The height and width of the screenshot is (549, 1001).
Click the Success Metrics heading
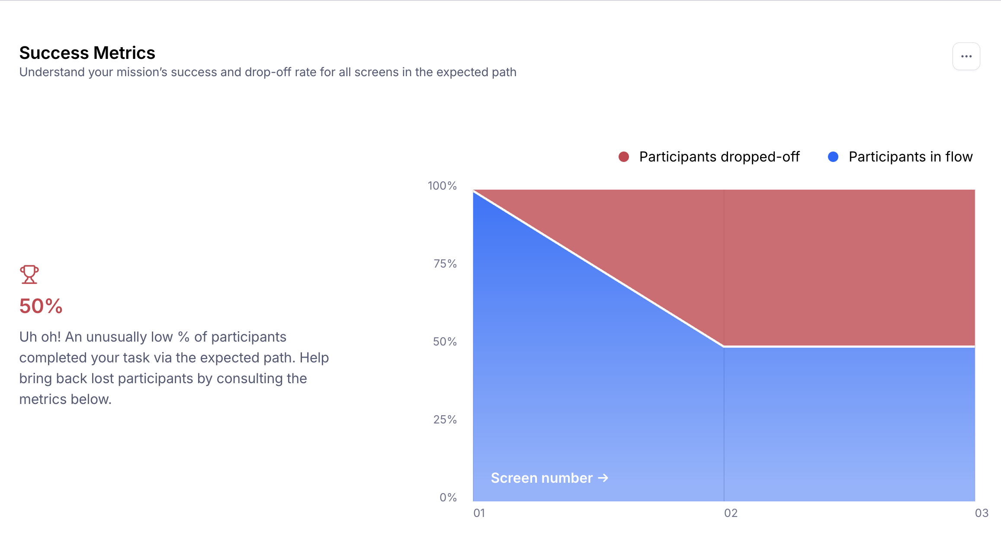click(x=87, y=53)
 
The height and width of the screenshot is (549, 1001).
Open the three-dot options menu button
click(x=966, y=56)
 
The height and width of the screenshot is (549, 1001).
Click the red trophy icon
click(x=29, y=274)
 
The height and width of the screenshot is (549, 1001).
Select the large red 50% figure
click(x=41, y=306)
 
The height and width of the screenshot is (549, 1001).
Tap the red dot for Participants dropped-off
click(x=623, y=157)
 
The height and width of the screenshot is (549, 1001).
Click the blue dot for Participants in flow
click(x=833, y=157)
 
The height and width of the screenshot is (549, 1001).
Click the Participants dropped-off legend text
click(x=719, y=157)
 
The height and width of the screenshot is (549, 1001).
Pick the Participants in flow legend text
click(x=911, y=157)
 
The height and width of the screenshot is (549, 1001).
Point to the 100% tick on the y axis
click(x=442, y=186)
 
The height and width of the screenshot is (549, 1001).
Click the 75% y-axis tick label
click(x=445, y=264)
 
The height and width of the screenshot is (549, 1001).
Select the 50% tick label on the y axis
click(x=445, y=342)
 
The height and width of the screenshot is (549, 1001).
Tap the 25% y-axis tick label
click(x=445, y=420)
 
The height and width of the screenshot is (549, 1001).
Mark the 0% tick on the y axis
click(x=448, y=497)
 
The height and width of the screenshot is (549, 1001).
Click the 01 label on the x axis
click(x=479, y=513)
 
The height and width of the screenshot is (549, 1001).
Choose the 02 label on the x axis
click(x=731, y=513)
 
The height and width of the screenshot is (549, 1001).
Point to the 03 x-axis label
click(x=982, y=513)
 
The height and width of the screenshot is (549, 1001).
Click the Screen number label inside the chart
click(x=542, y=478)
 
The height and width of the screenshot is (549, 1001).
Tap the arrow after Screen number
click(x=603, y=478)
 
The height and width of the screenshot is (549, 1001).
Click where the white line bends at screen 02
click(x=724, y=346)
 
